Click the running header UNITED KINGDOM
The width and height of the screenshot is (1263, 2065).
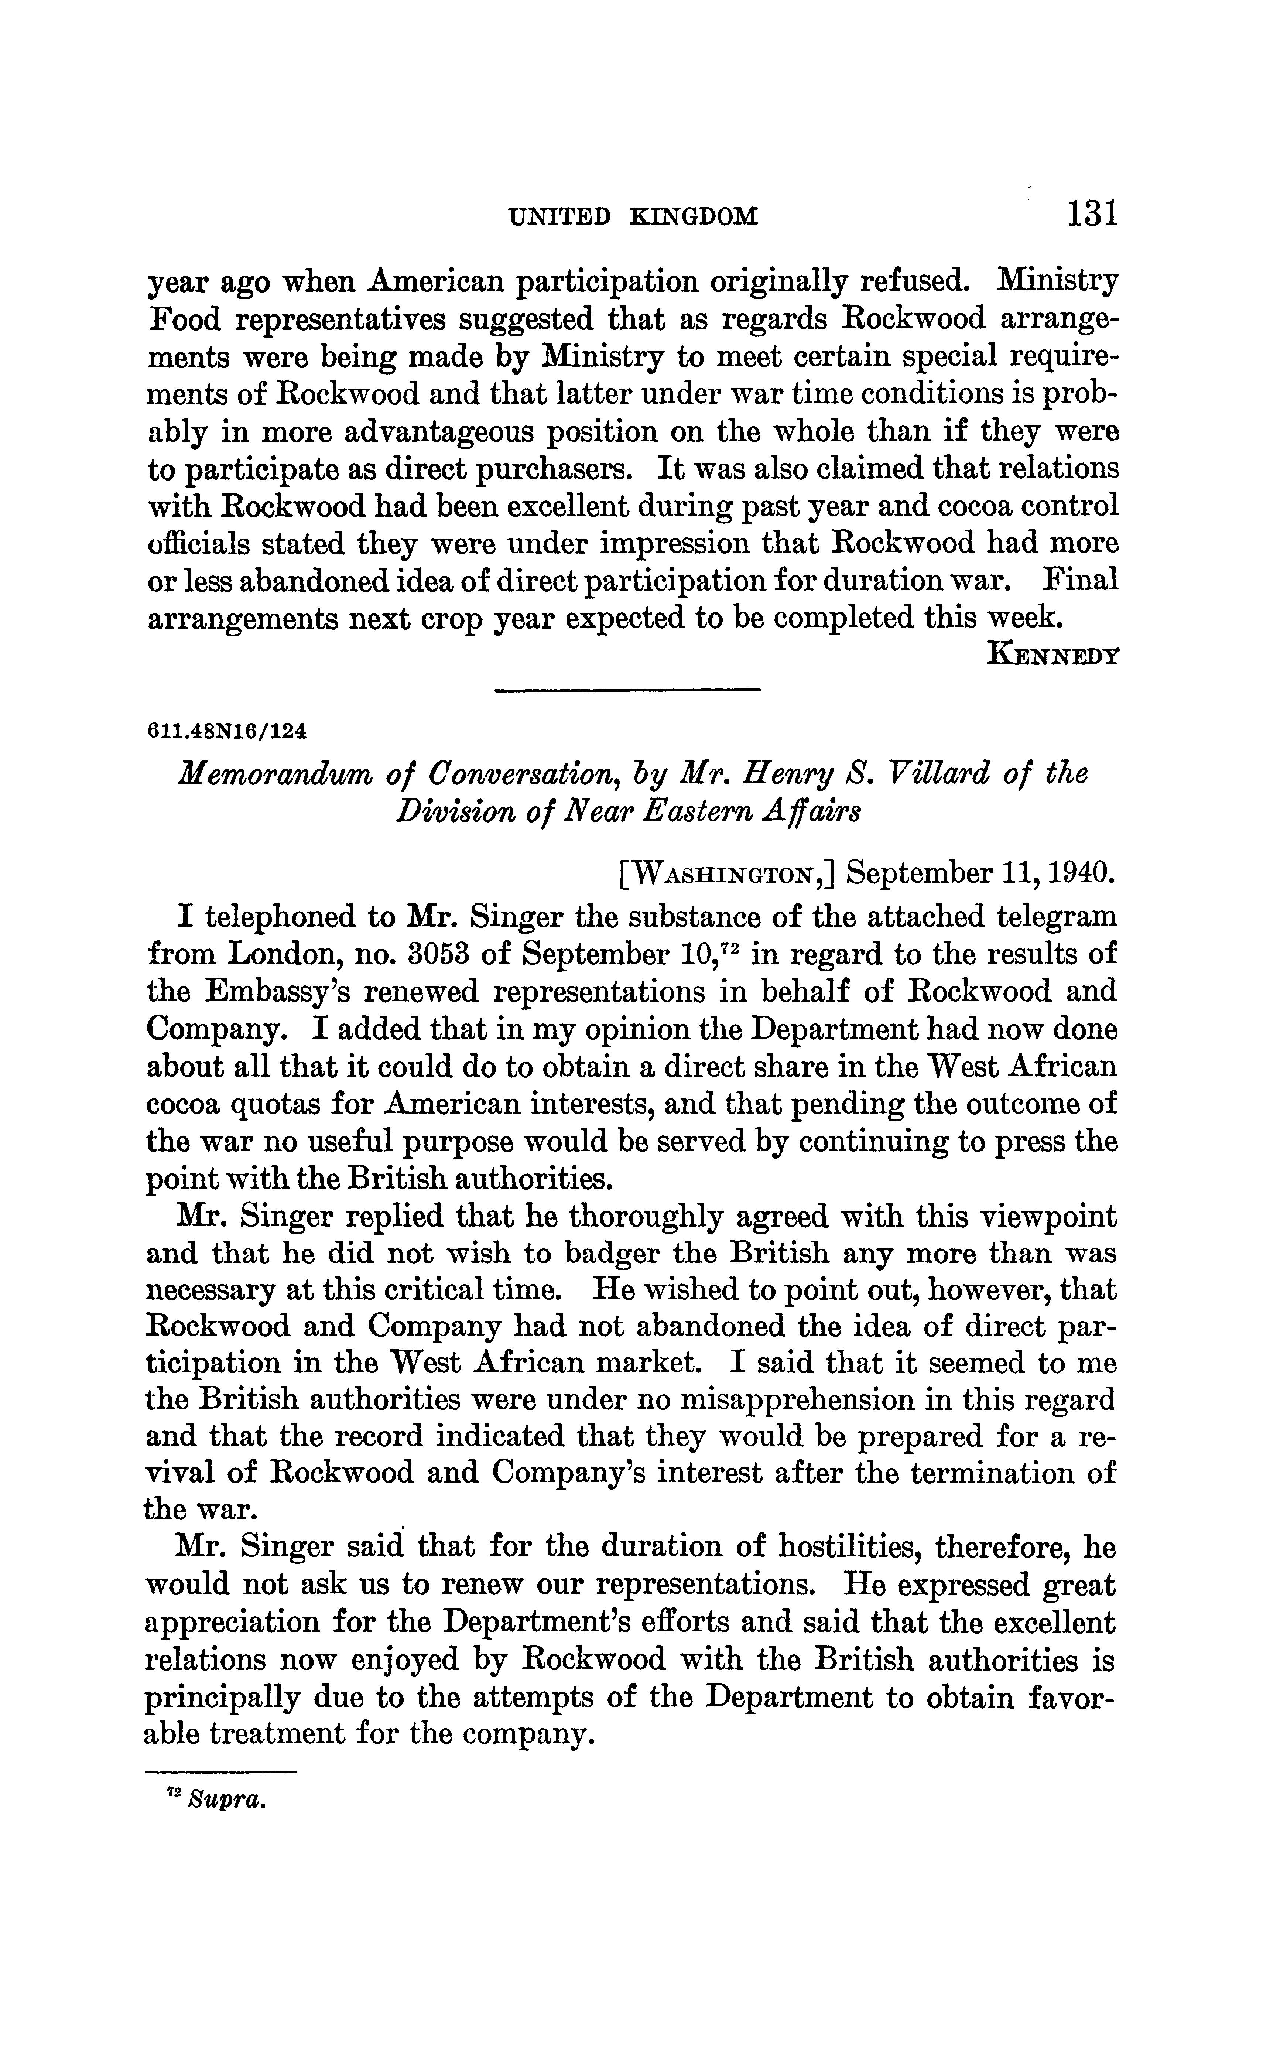tap(634, 218)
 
